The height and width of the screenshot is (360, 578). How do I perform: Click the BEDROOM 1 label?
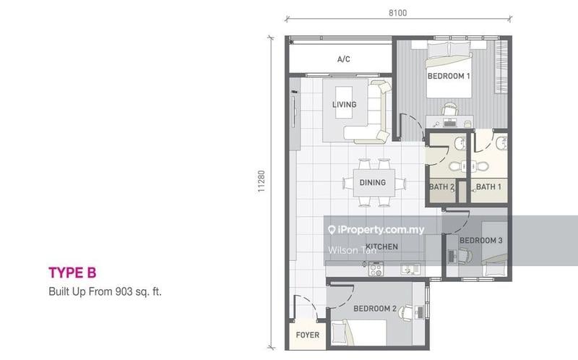(x=449, y=76)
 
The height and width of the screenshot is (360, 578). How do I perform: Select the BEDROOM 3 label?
(x=480, y=241)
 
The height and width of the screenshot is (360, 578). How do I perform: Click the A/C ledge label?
(x=343, y=59)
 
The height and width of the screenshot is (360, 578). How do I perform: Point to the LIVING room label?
(x=344, y=105)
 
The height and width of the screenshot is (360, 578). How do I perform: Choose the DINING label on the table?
(x=373, y=183)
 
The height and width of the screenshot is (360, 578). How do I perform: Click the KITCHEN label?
(x=381, y=247)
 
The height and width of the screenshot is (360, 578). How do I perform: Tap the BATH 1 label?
(x=488, y=187)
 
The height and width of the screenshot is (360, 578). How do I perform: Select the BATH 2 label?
(x=441, y=187)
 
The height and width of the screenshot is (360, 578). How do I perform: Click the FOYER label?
(x=307, y=335)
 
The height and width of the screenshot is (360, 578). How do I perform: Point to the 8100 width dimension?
(x=397, y=12)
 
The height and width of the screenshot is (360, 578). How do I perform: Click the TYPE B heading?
(x=72, y=273)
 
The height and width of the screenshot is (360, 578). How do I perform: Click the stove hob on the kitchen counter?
(x=376, y=270)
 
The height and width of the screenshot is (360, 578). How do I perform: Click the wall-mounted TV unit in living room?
(x=294, y=112)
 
